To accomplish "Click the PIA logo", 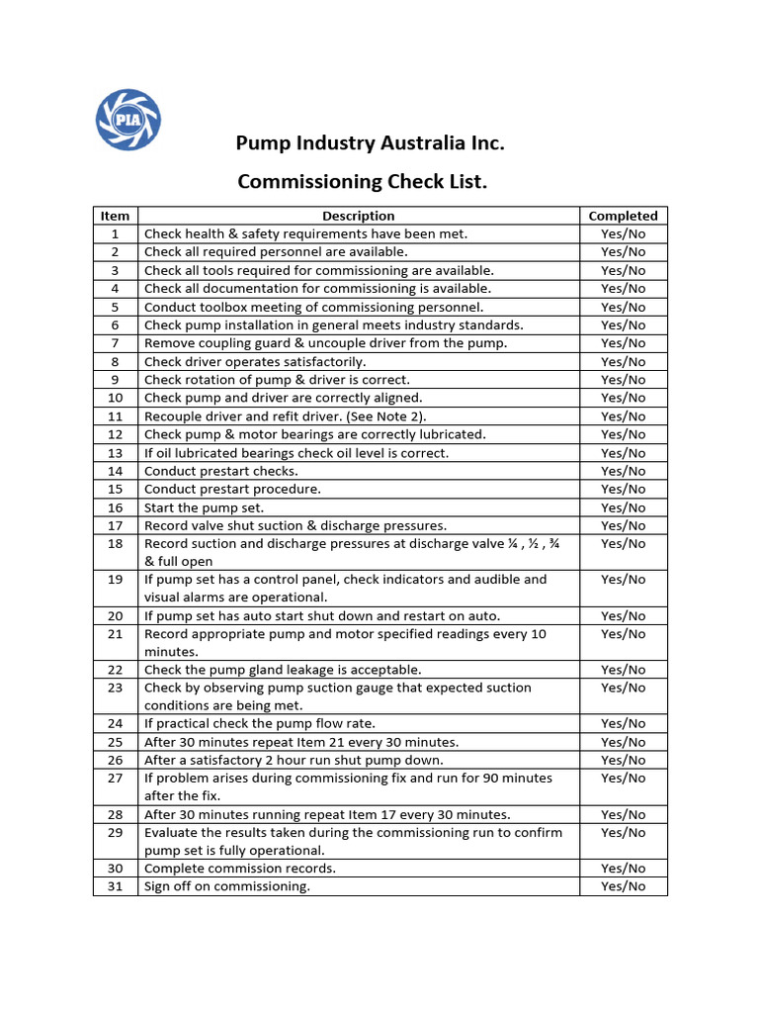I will tap(127, 119).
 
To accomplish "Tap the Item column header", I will tap(115, 216).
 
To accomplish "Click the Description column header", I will tap(358, 216).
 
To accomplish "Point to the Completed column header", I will tap(623, 216).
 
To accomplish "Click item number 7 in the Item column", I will tap(115, 343).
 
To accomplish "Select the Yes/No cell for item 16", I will tap(623, 507).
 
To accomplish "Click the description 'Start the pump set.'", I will tap(205, 507).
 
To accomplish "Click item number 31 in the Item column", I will tap(115, 886).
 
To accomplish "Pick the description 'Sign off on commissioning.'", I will tap(227, 886).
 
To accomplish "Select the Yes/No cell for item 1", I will tap(623, 234).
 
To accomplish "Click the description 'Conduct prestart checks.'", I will tap(221, 471).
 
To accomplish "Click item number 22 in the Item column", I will tap(115, 670).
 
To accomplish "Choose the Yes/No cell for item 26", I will tap(623, 760).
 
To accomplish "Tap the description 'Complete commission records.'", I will tap(240, 869).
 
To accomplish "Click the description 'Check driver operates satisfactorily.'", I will tap(255, 362).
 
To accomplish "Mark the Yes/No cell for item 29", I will tap(623, 833).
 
